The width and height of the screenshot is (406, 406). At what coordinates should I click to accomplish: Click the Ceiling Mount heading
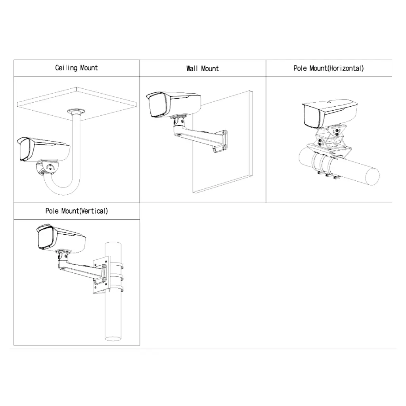(77, 68)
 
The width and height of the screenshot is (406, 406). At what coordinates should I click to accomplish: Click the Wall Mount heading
(203, 69)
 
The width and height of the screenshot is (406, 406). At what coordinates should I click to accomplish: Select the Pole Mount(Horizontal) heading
(329, 68)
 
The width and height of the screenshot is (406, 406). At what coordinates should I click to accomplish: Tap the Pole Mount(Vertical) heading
(77, 211)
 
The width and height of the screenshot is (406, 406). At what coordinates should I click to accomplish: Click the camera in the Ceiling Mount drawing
(44, 150)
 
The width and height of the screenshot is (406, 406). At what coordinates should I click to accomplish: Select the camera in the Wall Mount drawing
(174, 104)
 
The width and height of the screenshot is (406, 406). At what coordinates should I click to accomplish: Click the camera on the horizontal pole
(329, 114)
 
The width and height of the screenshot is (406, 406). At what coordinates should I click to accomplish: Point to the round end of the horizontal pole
(372, 176)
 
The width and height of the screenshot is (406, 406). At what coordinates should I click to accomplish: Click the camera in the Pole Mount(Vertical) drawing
(61, 238)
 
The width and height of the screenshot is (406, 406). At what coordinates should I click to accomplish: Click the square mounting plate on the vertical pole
(101, 275)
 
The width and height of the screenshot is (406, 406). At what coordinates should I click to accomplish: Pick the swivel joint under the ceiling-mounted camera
(48, 168)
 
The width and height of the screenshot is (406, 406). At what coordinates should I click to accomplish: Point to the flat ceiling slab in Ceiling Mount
(77, 104)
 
